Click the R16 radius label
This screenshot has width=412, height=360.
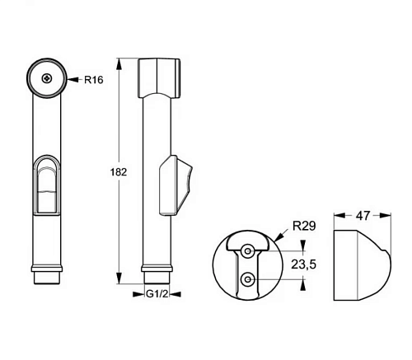(x=94, y=80)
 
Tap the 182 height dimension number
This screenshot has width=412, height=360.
(x=119, y=172)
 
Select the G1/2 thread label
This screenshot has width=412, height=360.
(x=157, y=294)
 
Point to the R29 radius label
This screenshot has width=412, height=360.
(x=304, y=226)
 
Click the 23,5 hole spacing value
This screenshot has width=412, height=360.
(x=304, y=264)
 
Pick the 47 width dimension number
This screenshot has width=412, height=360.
(x=363, y=216)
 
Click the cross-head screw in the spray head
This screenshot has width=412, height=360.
(x=47, y=79)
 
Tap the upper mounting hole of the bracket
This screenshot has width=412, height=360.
(x=248, y=251)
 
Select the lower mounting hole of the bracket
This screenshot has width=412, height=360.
(x=248, y=279)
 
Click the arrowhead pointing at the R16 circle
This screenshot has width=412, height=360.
(x=73, y=80)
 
